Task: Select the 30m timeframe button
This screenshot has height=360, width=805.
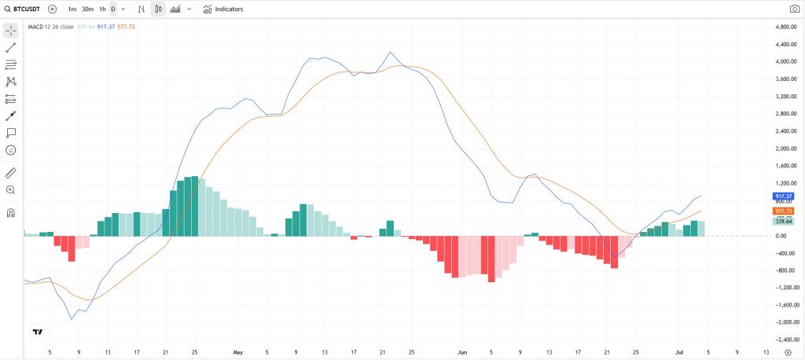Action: coord(87,9)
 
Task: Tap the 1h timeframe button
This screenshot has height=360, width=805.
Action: coord(102,9)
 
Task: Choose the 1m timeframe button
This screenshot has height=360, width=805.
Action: coord(72,9)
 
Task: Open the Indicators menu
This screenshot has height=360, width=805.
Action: coord(223,9)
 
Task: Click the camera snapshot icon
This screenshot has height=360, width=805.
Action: coord(794,9)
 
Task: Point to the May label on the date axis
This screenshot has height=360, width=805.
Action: coord(238,352)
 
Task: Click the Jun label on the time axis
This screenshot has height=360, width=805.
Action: coord(462,352)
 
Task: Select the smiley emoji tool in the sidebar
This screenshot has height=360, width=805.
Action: coord(11,149)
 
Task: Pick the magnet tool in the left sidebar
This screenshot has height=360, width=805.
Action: coord(11,213)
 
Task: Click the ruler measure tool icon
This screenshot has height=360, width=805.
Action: coord(11,172)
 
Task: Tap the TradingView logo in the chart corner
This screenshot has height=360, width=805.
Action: coord(37,332)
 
